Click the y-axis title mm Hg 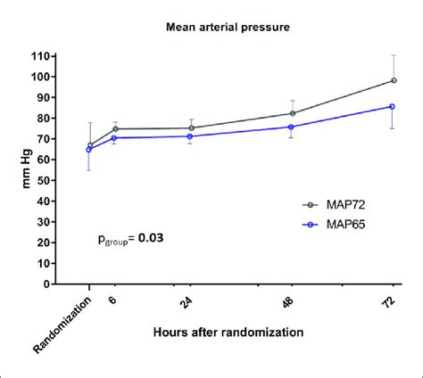(x=14, y=169)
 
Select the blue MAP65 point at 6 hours (x=115, y=137)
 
